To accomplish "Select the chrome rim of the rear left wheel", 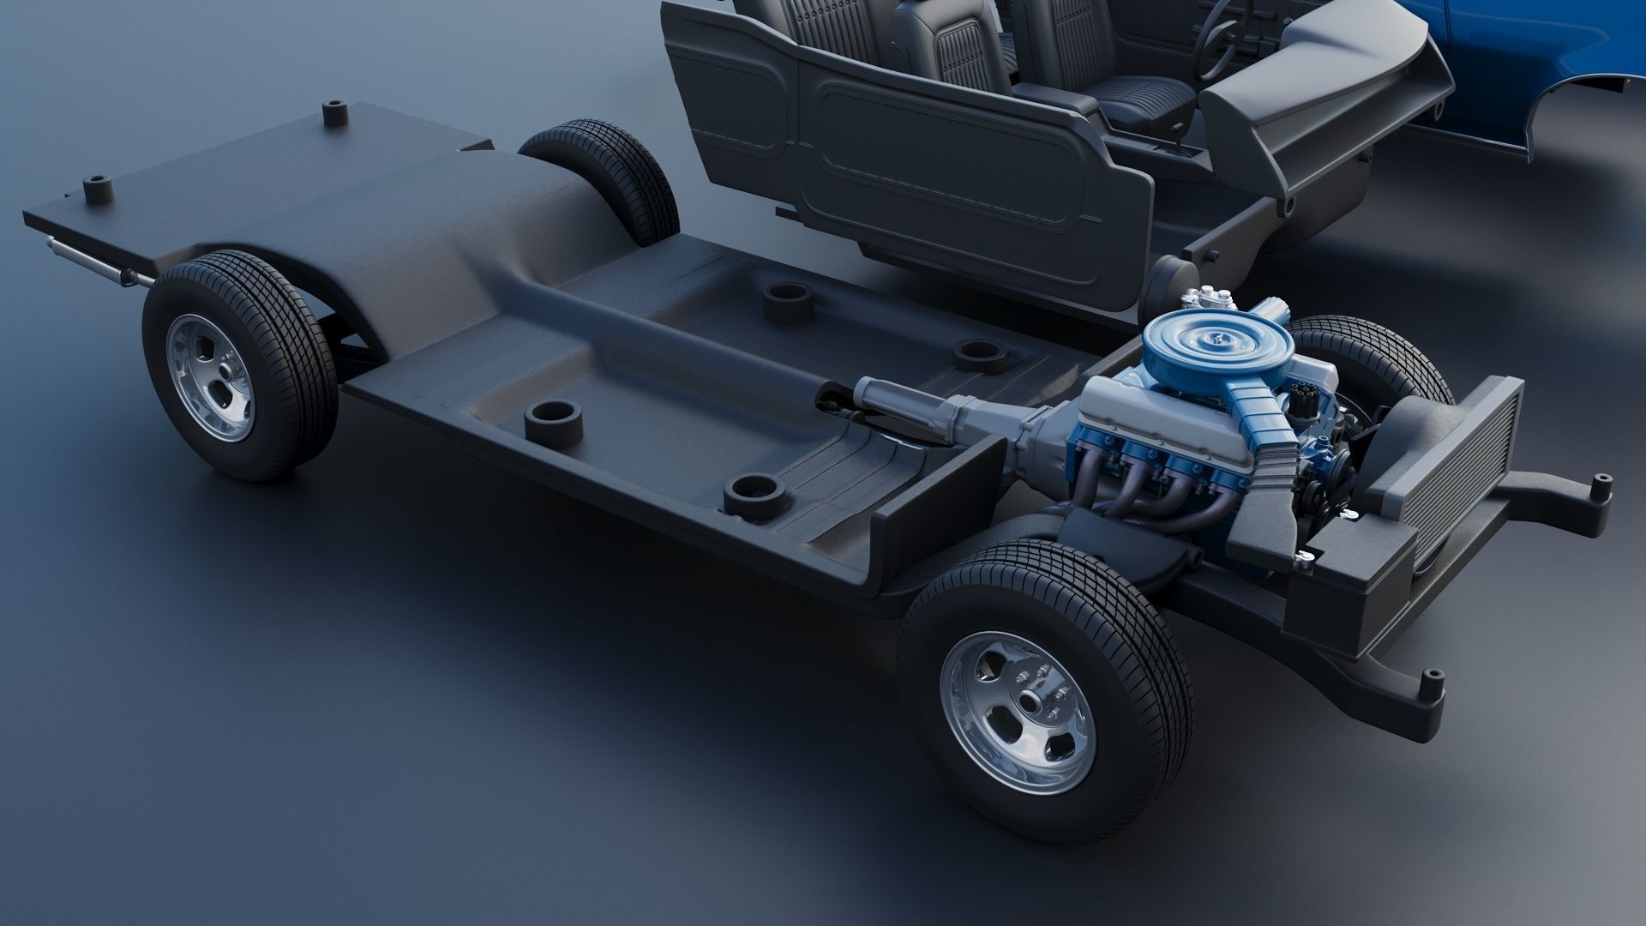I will coord(211,376).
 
